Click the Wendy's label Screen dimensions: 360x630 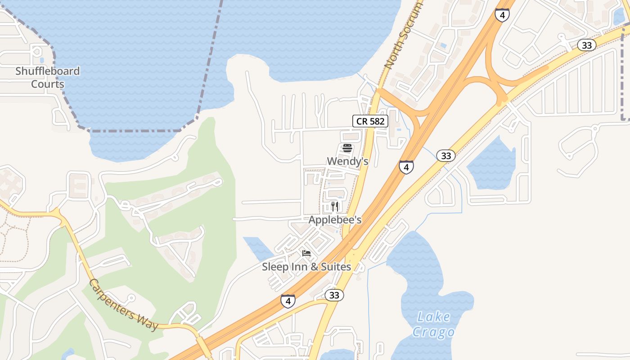click(347, 161)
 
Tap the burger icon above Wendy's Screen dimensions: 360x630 click(347, 148)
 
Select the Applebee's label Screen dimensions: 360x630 click(335, 220)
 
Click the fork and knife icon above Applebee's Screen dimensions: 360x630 click(334, 206)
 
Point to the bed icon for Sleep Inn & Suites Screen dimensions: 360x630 click(306, 253)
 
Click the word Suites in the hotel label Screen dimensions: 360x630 click(333, 267)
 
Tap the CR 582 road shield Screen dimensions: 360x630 click(370, 121)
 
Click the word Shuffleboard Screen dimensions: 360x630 click(47, 71)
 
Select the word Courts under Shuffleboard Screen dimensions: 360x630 click(47, 84)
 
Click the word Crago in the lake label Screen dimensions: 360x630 click(433, 332)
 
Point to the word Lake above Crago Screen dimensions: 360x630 click(433, 317)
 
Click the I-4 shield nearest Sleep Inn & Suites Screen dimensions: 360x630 click(288, 301)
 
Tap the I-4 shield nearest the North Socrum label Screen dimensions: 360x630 click(502, 14)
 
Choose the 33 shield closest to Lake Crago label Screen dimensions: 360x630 click(334, 295)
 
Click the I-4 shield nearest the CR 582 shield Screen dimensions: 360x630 click(406, 167)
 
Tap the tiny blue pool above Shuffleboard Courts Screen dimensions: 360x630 click(42, 59)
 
